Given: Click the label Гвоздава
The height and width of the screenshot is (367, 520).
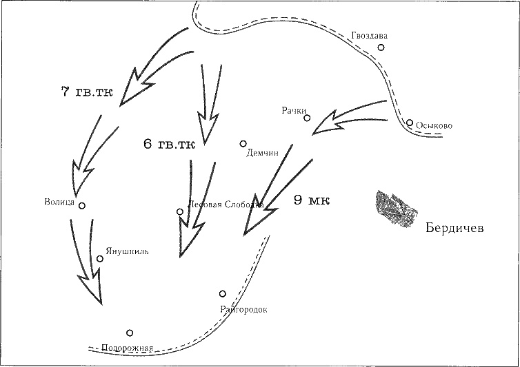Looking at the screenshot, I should [x=366, y=36].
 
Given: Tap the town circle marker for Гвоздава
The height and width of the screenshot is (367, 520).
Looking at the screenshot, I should [x=380, y=48].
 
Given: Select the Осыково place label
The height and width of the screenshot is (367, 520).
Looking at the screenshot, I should [x=434, y=126].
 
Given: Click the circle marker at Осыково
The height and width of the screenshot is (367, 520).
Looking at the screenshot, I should [x=410, y=123].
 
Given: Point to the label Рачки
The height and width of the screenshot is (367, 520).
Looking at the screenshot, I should [x=294, y=110].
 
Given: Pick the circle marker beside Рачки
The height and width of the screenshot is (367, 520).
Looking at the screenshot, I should [x=307, y=118].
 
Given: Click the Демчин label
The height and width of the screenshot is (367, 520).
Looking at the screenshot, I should [x=262, y=154].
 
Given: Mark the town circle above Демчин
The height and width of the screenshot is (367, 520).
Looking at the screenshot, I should [x=243, y=143].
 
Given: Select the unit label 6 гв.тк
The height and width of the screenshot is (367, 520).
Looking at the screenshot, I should [x=169, y=145].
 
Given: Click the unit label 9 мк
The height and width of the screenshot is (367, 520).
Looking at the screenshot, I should [x=312, y=200].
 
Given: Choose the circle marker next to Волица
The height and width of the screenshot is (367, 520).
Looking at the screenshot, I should [x=81, y=205].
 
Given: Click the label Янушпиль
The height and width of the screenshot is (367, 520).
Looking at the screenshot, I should [x=127, y=251].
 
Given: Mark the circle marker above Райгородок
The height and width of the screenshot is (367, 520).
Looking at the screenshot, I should [x=222, y=294].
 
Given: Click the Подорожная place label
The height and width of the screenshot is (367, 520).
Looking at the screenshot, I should [x=127, y=348].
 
